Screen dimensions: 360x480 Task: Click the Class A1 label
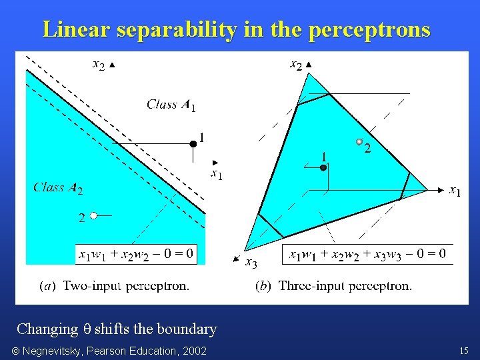[171, 104]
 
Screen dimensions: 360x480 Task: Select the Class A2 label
[58, 188]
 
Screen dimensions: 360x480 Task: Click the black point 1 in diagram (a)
[193, 143]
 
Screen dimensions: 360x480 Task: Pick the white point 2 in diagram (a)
[94, 215]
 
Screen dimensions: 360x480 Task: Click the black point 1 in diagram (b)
[323, 168]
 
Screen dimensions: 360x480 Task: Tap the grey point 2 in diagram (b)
[359, 141]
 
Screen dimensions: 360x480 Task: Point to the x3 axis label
[251, 262]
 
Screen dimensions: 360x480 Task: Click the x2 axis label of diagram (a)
[98, 65]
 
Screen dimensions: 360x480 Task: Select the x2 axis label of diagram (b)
[296, 65]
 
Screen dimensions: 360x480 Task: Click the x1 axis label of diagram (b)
[455, 191]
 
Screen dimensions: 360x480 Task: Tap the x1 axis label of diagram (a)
[216, 175]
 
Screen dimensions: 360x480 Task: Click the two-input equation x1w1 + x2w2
[136, 253]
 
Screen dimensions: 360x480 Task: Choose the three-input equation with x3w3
[367, 254]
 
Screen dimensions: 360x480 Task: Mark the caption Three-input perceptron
[334, 286]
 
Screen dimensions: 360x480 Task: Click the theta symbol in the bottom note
[86, 329]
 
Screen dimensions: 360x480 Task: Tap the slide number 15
[464, 351]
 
